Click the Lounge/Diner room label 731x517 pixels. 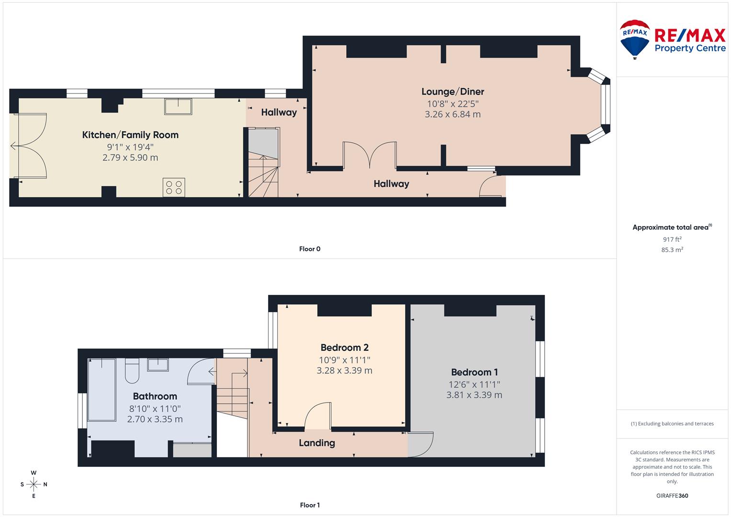coord(452,91)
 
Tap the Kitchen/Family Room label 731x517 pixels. coord(130,135)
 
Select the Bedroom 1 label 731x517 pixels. coord(474,372)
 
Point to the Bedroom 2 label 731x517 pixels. coord(344,348)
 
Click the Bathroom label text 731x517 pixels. coord(155,396)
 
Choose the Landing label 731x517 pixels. coord(316,443)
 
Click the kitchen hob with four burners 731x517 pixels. coord(174,187)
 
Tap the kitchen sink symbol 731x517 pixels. coord(178,106)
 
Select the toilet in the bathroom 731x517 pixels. coord(132,371)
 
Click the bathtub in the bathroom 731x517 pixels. coord(102,389)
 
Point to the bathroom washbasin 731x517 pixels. coord(157,365)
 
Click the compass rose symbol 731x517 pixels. coord(34,484)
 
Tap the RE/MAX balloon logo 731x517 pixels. coord(635,39)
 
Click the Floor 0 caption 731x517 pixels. coord(309,249)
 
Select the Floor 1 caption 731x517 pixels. coord(309,505)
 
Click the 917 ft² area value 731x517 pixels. coord(672,239)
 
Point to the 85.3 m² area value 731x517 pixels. coord(672,250)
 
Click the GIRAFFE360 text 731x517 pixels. coord(672,496)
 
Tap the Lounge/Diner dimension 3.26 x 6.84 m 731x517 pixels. coord(452,114)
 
